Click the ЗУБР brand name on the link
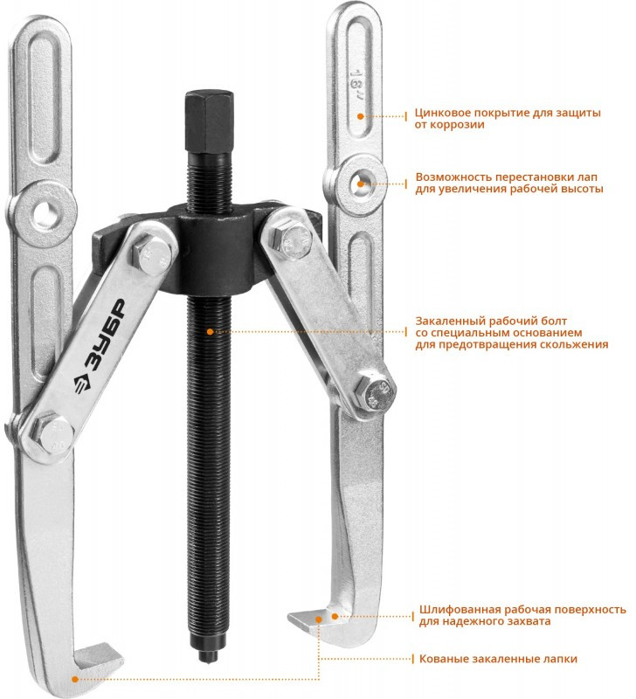[x=105, y=334]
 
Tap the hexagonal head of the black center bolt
[x=209, y=121]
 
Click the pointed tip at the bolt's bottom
[x=208, y=656]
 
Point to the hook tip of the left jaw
[x=118, y=653]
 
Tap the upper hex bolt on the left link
[x=152, y=257]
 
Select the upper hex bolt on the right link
[x=294, y=240]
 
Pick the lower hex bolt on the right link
[x=376, y=392]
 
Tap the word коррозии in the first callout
[x=456, y=125]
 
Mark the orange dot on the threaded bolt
[x=210, y=332]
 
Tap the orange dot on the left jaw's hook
[x=75, y=680]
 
